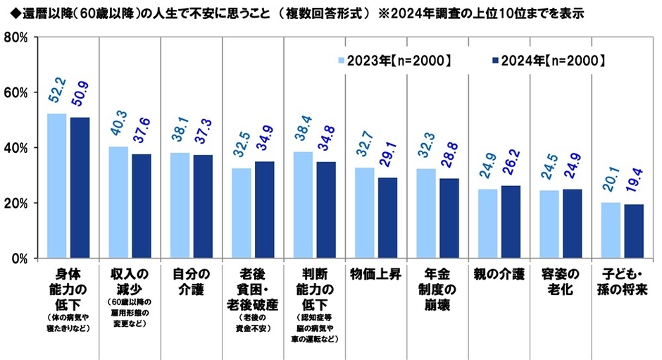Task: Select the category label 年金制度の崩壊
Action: tap(437, 289)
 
